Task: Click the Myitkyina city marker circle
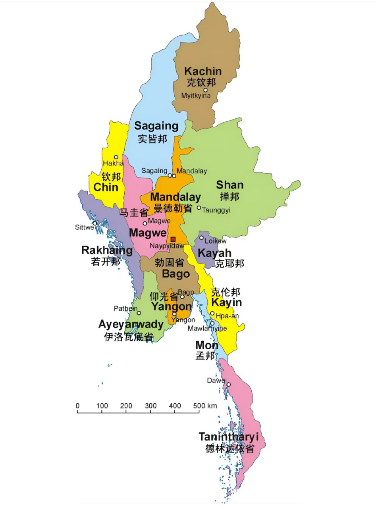205,90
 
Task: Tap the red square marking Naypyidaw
173,239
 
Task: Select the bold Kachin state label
202,71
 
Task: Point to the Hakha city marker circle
116,157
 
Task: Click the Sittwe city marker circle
94,223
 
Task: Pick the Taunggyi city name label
216,210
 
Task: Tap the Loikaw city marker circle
201,238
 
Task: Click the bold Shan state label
229,185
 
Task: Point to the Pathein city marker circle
139,313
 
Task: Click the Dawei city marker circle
228,384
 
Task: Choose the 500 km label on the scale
205,406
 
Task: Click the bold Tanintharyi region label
228,437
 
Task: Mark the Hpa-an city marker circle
212,314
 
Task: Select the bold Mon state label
206,345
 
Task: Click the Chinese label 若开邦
105,262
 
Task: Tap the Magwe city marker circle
145,223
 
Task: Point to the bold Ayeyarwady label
131,325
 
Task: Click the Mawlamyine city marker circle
212,323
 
